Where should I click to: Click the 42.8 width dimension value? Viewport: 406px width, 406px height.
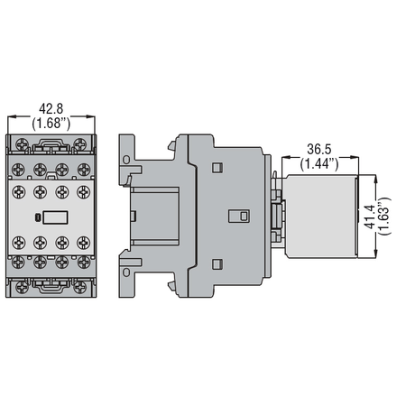click(x=51, y=108)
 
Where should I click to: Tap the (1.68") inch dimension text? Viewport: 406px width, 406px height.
click(x=51, y=123)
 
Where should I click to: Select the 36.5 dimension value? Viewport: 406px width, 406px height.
click(x=319, y=149)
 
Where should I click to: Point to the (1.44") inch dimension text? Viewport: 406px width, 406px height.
click(x=319, y=163)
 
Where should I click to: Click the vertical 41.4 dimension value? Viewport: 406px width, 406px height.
click(x=369, y=217)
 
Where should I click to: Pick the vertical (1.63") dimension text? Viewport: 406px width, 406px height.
click(x=384, y=217)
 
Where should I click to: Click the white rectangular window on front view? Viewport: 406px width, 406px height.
click(x=55, y=217)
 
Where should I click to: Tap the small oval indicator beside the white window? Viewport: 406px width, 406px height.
click(x=38, y=217)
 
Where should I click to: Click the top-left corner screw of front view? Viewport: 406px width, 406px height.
click(x=23, y=144)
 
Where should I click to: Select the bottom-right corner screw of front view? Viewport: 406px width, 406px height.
click(x=80, y=288)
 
